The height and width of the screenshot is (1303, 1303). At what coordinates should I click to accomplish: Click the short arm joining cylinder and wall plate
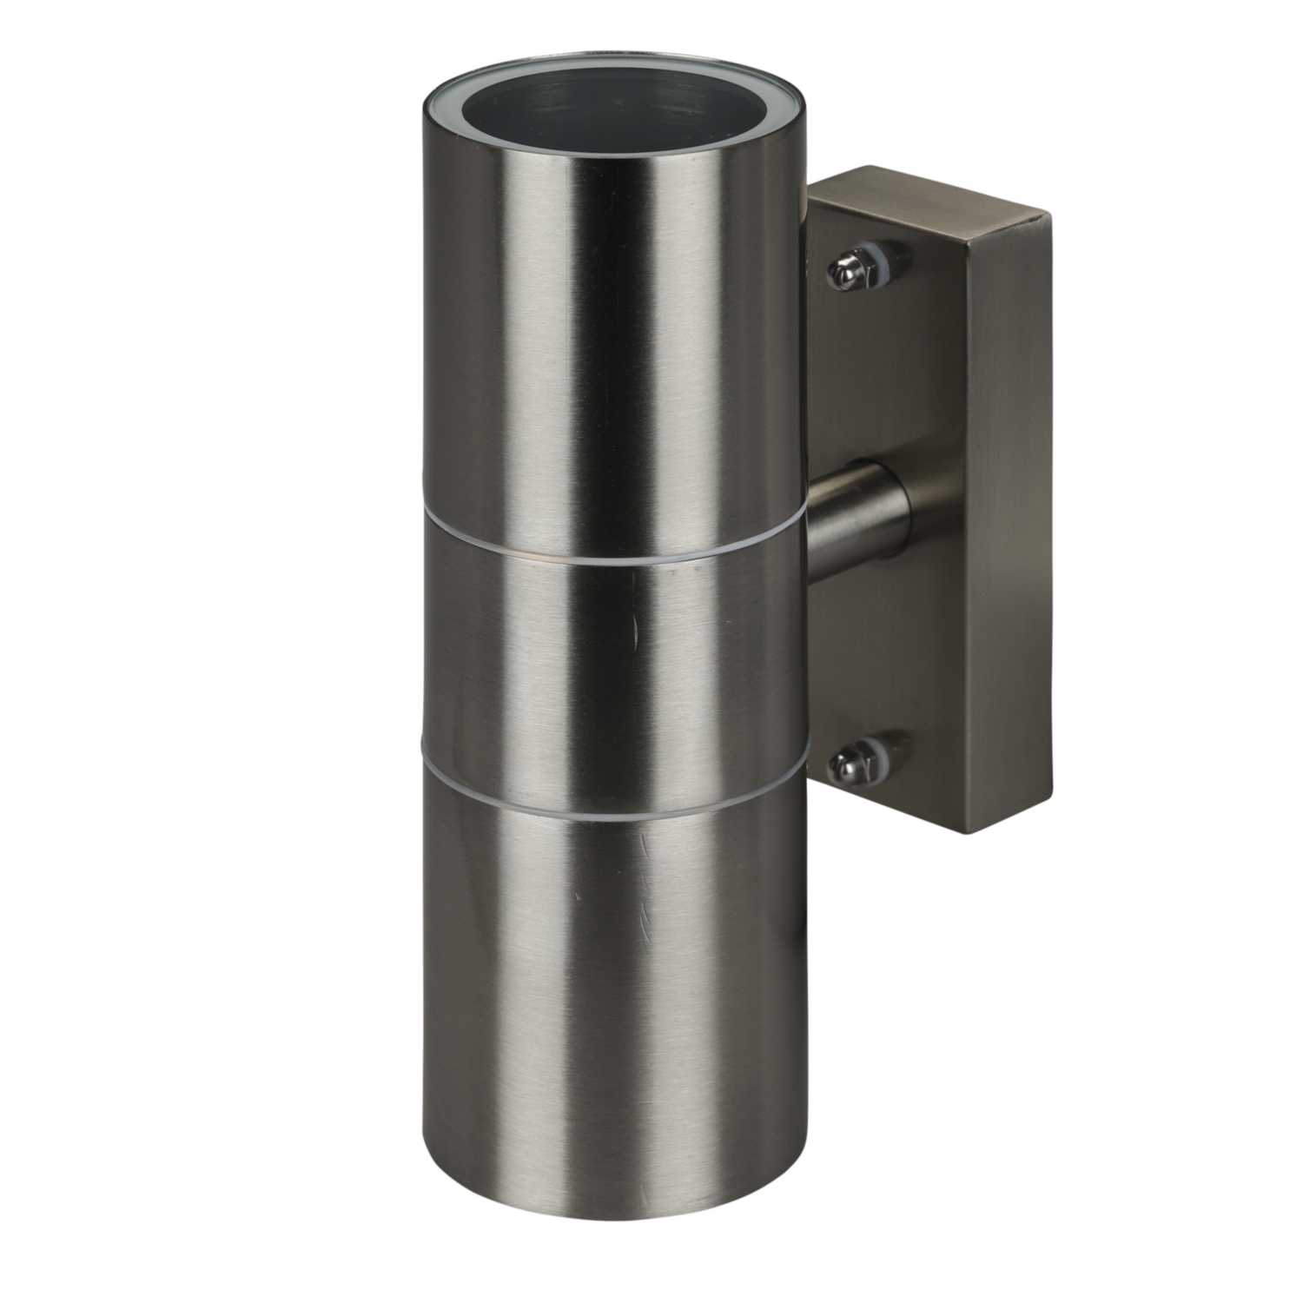point(856,513)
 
